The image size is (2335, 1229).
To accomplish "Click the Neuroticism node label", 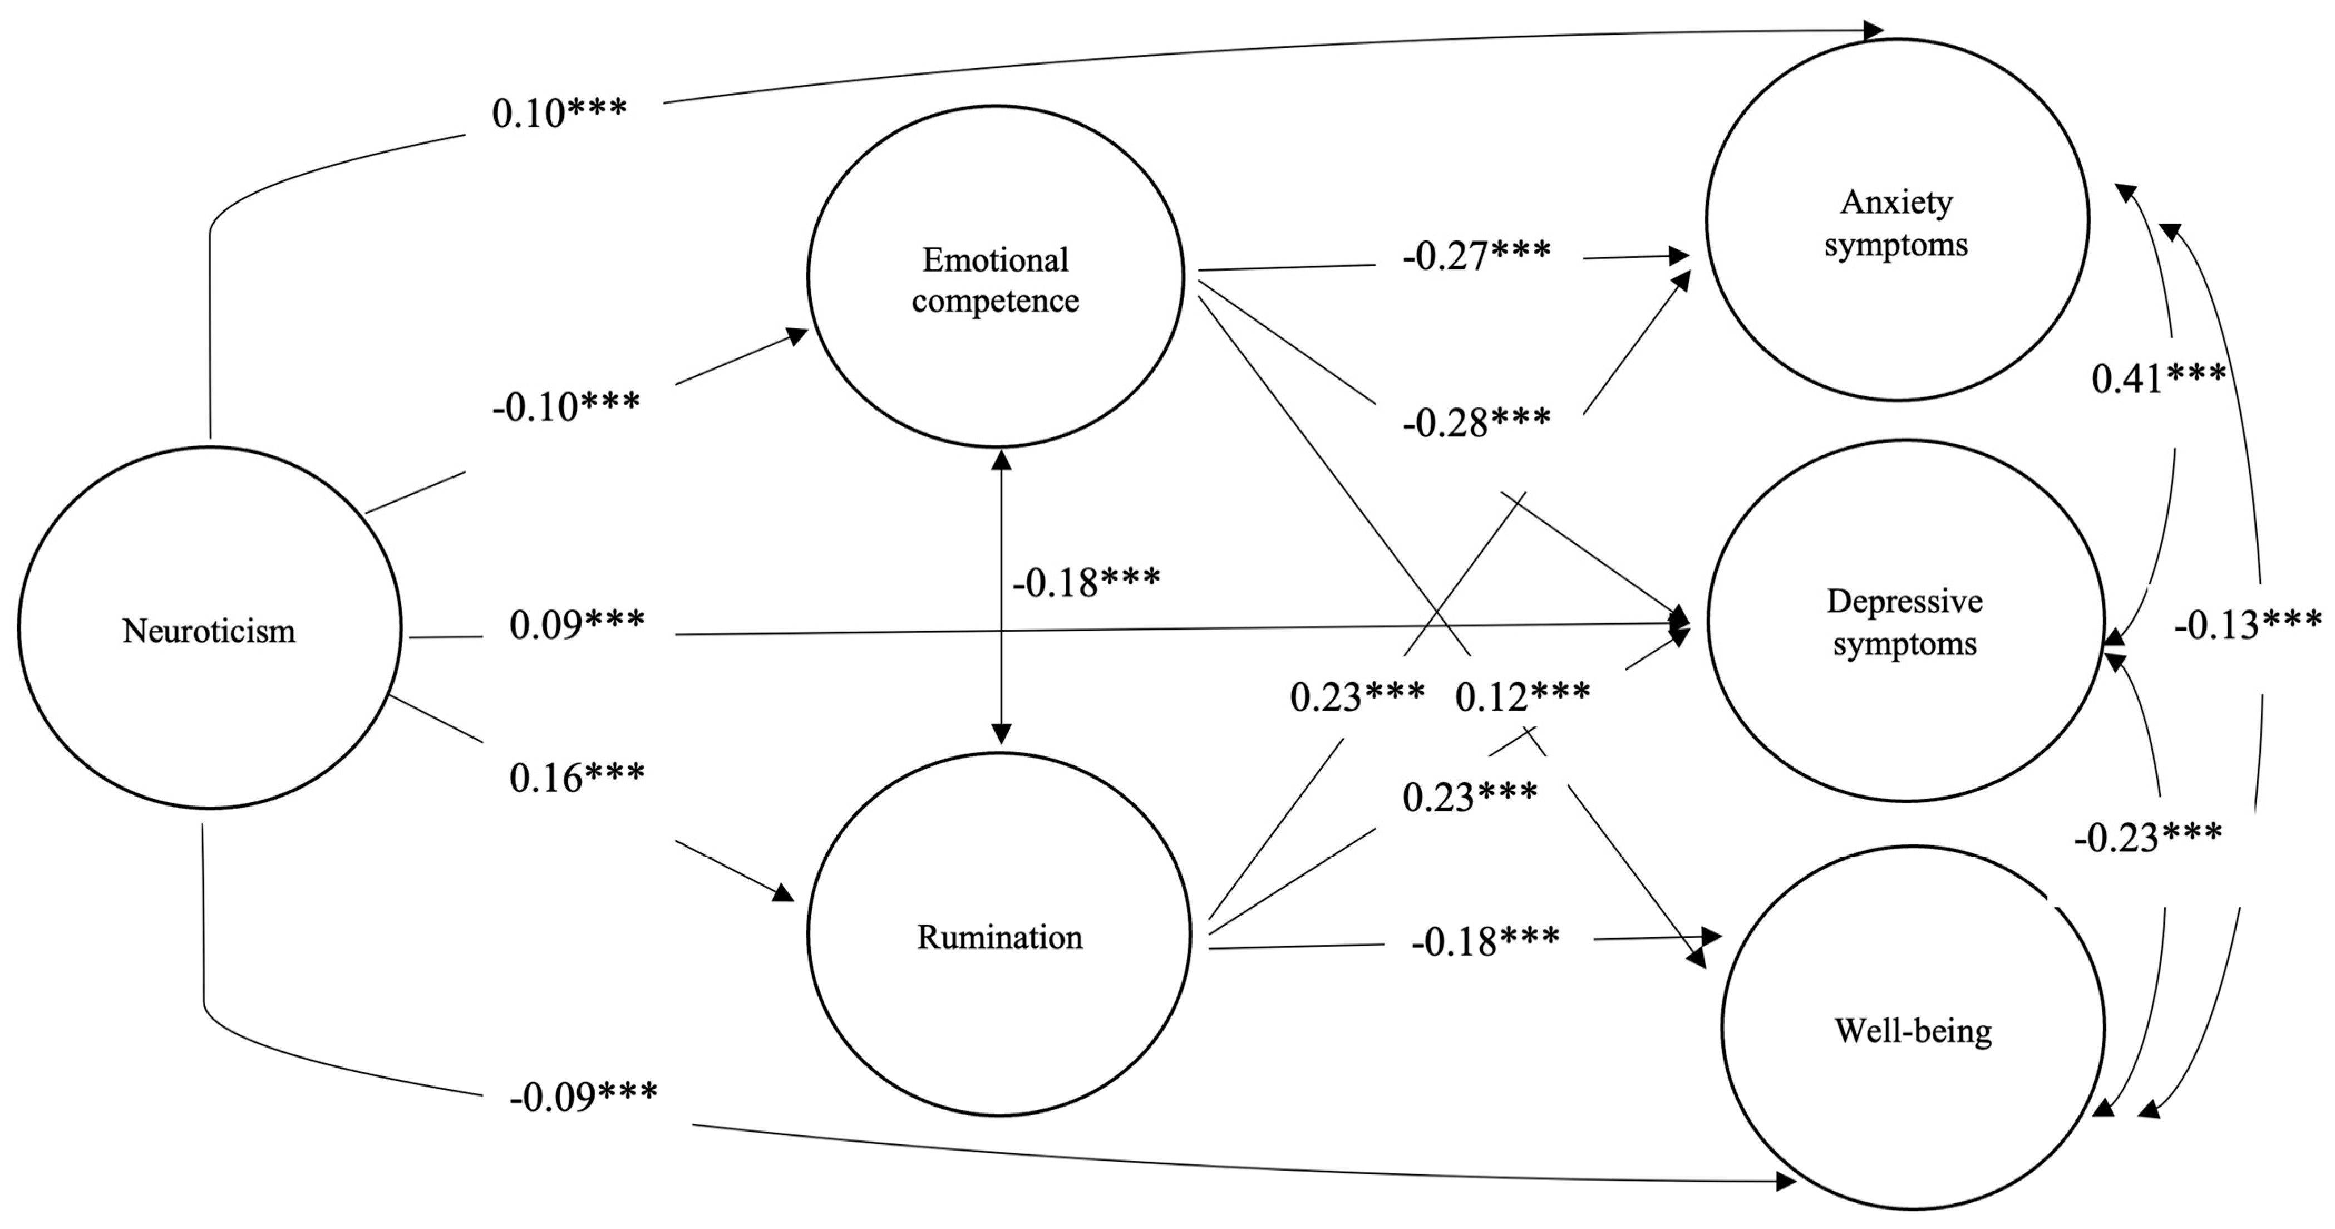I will pyautogui.click(x=209, y=631).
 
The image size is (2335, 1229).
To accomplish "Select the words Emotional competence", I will pyautogui.click(x=996, y=280).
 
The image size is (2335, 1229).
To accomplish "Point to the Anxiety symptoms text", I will pyautogui.click(x=1896, y=223).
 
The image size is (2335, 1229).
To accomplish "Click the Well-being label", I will pyautogui.click(x=1913, y=1030).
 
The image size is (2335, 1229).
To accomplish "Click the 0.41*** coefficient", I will pyautogui.click(x=2158, y=379).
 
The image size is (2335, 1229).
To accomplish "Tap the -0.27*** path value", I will pyautogui.click(x=1476, y=255).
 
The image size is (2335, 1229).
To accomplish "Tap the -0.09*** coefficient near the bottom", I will pyautogui.click(x=583, y=1097).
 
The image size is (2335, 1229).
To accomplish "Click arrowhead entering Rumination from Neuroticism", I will pyautogui.click(x=783, y=894).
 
